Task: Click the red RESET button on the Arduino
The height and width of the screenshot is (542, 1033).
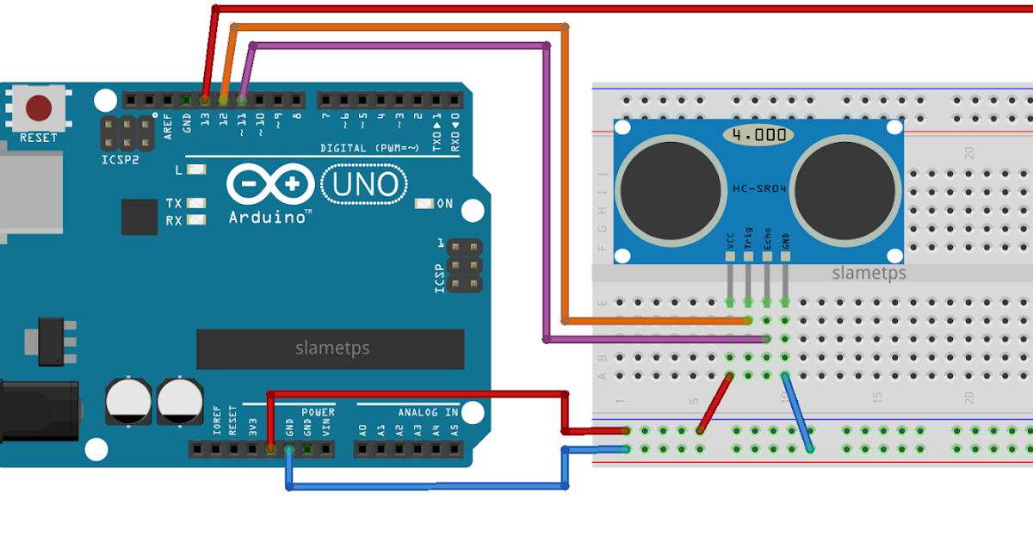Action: tap(39, 108)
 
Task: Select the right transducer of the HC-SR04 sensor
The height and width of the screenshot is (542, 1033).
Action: tap(845, 190)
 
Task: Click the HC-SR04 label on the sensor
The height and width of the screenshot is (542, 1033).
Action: tap(756, 188)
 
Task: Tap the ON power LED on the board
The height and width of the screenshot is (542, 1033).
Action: tap(424, 204)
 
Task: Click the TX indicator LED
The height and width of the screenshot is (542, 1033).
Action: tap(196, 204)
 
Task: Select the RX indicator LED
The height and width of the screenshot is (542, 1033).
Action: tap(196, 220)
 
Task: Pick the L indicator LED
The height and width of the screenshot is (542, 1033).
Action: tap(196, 170)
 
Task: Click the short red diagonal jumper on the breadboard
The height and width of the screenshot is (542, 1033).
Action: tap(716, 403)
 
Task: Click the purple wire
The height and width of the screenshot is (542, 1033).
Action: tap(546, 189)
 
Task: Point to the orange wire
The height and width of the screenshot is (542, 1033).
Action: tap(565, 172)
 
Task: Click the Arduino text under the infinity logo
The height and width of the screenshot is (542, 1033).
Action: tap(269, 218)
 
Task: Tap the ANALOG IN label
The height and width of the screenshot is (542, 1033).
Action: tap(427, 413)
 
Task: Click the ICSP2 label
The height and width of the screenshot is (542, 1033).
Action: tap(120, 160)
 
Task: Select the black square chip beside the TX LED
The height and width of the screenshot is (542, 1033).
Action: tap(139, 217)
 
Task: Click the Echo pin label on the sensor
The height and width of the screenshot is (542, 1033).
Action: tap(767, 239)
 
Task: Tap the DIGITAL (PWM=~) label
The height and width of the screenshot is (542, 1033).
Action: tap(369, 148)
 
